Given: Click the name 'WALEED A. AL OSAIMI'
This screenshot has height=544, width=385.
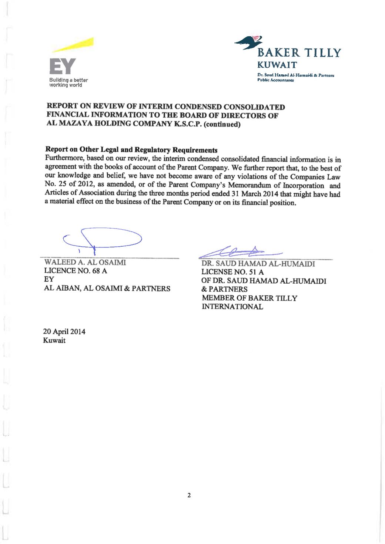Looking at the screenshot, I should click(85, 262).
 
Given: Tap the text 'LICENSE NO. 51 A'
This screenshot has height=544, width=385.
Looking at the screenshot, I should click(232, 272).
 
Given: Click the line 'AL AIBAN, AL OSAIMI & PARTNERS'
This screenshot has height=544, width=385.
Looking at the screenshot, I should click(107, 288).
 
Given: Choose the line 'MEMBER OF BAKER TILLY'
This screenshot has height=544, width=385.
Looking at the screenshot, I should click(249, 298).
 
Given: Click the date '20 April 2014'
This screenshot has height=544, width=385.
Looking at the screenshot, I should click(64, 331).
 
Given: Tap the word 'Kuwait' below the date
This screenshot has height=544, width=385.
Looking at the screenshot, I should click(54, 340).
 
